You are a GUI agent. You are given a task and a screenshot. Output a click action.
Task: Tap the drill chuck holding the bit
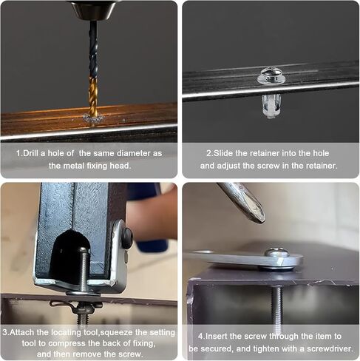(94, 10)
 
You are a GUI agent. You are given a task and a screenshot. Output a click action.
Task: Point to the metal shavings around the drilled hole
(94, 118)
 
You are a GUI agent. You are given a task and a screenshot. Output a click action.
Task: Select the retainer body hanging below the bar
(270, 106)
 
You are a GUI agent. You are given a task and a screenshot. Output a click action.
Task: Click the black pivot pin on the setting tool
(127, 238)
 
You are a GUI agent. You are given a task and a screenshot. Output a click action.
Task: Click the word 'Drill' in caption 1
(31, 153)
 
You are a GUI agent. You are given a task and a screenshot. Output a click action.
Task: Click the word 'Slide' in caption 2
(223, 153)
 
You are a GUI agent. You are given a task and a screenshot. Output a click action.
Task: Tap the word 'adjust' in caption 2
(228, 166)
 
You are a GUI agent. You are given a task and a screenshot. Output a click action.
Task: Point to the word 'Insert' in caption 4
(215, 336)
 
